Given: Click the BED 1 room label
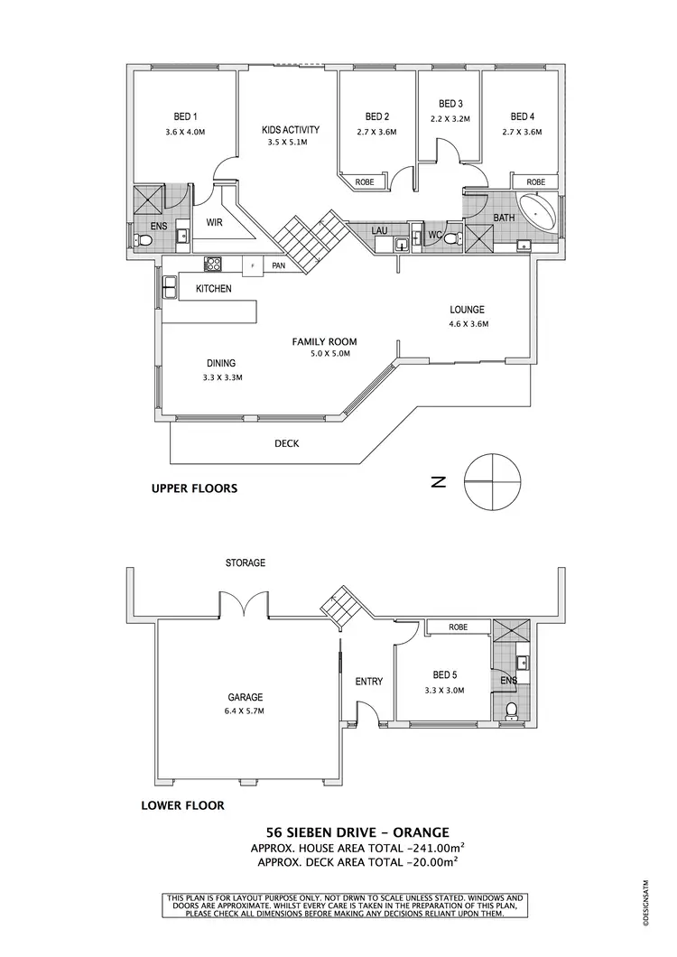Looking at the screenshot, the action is [185, 116].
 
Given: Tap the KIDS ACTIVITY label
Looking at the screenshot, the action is [290, 129].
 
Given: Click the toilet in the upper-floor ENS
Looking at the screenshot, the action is [143, 240].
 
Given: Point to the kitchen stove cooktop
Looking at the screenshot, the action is [215, 265].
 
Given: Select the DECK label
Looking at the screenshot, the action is [287, 443].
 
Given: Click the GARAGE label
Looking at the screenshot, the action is [245, 697].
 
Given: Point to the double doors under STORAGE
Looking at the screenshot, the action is [245, 603].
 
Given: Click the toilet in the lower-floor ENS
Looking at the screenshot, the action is [512, 711].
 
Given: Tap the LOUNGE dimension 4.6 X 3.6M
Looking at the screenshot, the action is [468, 324].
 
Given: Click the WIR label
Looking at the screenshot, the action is [215, 221].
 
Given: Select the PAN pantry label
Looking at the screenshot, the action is [278, 265].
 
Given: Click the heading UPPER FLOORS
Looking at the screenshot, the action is [194, 488].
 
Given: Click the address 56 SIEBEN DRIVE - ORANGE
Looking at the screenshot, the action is [357, 832].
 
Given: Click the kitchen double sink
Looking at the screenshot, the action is [170, 287].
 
